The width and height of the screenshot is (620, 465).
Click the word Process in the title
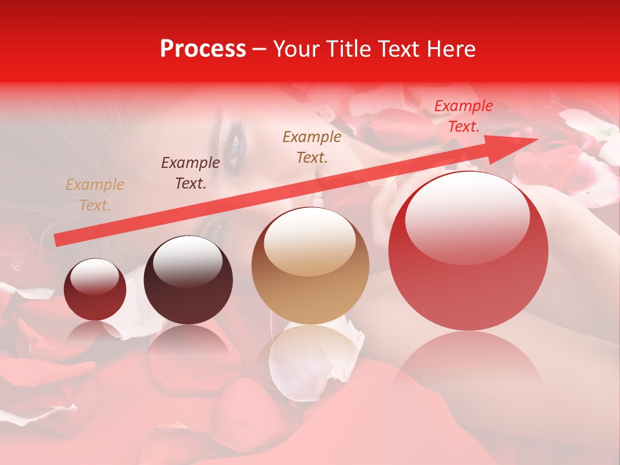[203, 49]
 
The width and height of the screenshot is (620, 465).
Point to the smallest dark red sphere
[95, 289]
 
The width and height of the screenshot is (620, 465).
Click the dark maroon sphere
[188, 280]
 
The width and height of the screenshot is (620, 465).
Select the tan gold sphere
[311, 265]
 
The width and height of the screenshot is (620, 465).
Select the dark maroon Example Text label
[191, 173]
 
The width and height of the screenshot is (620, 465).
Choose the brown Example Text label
[312, 147]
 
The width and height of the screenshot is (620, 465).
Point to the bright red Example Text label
[464, 116]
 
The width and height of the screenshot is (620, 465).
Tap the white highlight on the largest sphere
[468, 216]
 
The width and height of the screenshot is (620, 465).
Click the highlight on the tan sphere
[310, 242]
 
